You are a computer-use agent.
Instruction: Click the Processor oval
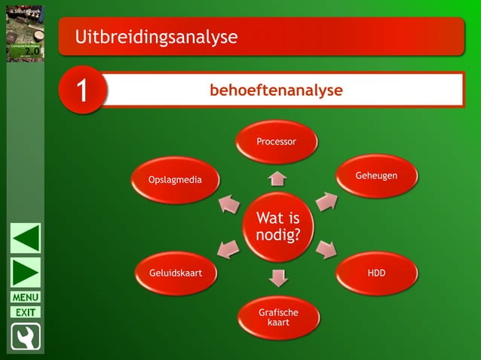[277, 142]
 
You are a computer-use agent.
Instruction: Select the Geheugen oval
[376, 175]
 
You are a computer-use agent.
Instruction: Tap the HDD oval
[376, 273]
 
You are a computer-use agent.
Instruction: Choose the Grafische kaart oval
[278, 317]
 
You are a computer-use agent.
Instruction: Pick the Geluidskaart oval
[175, 273]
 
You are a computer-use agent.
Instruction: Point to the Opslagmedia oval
[175, 179]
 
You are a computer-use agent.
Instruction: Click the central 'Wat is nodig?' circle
[277, 227]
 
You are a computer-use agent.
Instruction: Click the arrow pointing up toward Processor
[277, 178]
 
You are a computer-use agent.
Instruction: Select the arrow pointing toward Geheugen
[326, 201]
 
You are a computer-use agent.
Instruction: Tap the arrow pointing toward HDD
[326, 249]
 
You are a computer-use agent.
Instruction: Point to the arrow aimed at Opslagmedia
[229, 203]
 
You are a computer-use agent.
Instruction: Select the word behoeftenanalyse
[276, 90]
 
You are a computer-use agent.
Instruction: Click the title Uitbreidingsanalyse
[156, 36]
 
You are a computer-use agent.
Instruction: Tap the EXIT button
[26, 312]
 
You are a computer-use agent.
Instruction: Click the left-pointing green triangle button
[26, 239]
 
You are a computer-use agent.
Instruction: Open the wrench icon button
[26, 337]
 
